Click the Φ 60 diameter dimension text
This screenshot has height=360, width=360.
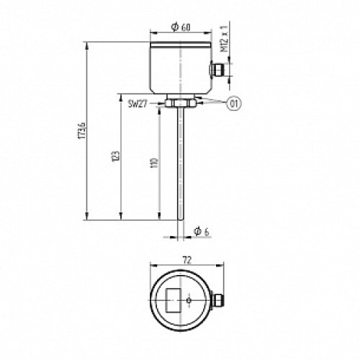[181, 28]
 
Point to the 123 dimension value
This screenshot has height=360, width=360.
[116, 156]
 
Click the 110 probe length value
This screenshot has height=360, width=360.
[151, 165]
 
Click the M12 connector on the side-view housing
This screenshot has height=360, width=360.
[215, 71]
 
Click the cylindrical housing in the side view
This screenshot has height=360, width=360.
[179, 68]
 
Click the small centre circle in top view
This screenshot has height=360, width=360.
[188, 299]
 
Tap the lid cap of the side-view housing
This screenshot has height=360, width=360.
[179, 45]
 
